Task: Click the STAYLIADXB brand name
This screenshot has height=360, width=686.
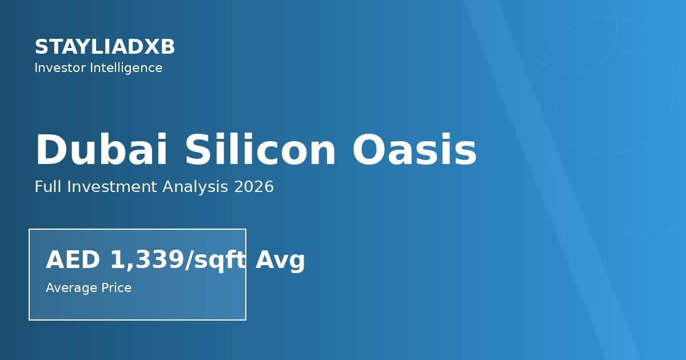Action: pos(105,47)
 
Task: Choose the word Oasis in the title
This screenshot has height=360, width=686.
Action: pos(414,150)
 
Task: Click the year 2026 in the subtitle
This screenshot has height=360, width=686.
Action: pos(254,187)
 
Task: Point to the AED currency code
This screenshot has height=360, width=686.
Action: pos(73,260)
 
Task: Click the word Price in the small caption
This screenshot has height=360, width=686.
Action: pos(114,288)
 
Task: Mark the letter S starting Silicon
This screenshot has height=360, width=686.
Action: pos(197,150)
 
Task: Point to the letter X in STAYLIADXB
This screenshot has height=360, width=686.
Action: pos(150,47)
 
